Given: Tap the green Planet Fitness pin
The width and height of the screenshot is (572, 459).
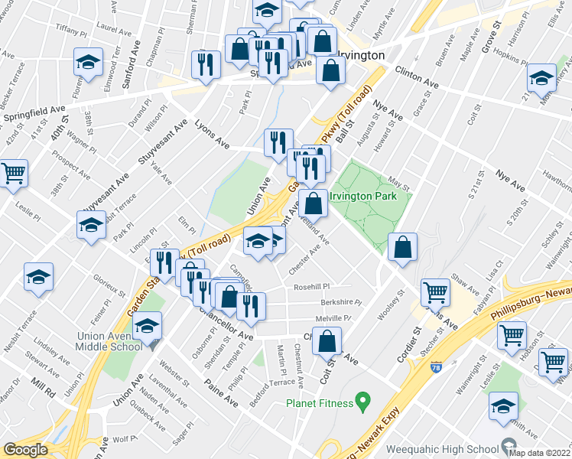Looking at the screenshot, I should point(363,400).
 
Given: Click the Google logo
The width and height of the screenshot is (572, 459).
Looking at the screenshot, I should point(24,450).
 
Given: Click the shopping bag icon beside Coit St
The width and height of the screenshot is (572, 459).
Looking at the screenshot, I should point(327,341).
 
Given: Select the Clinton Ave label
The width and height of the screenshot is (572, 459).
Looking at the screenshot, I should point(417,75).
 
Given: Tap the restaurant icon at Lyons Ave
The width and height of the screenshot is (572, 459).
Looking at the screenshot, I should point(278,142).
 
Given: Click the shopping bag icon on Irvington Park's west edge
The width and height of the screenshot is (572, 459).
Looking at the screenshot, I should point(312,203).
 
